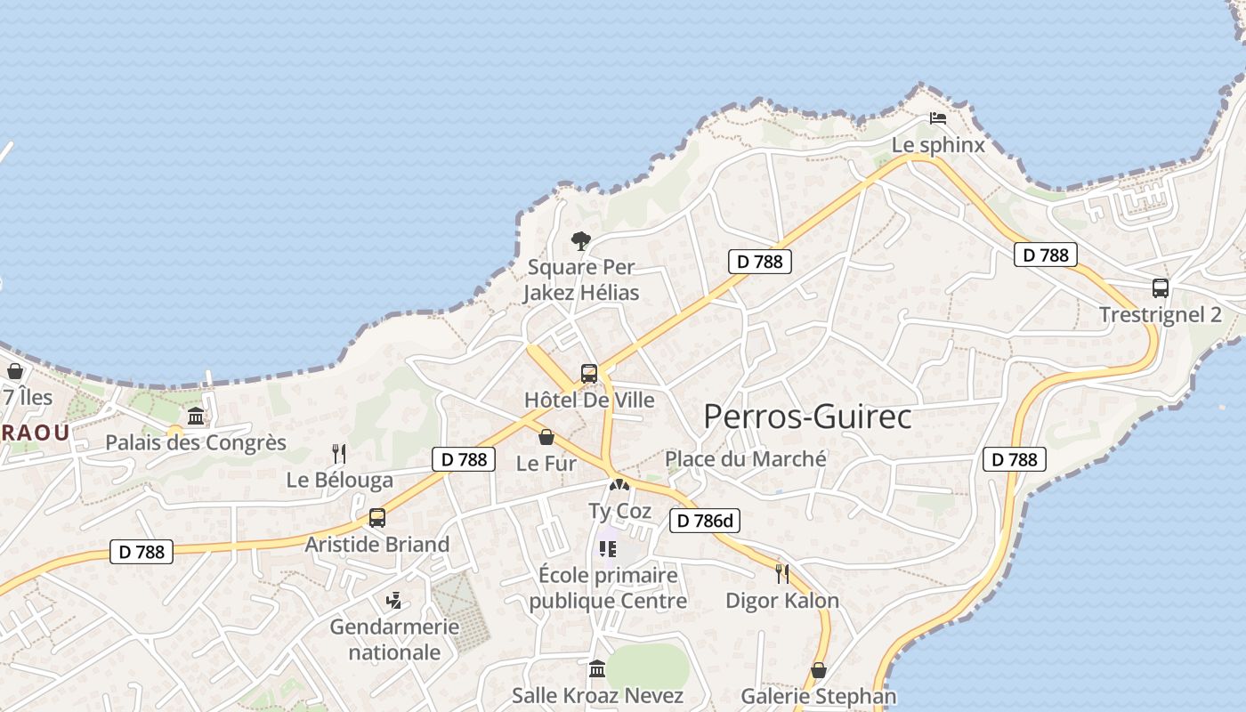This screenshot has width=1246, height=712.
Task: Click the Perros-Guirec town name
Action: pos(807,417)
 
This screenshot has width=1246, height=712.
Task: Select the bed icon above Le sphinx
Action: pos(937,117)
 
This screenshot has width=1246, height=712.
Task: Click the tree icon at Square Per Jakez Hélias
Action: pos(581,240)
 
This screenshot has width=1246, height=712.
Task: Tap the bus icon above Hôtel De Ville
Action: pos(589,374)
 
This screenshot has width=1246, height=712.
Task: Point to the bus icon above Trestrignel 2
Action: pos(1160,288)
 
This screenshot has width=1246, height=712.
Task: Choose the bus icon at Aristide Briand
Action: pos(377,518)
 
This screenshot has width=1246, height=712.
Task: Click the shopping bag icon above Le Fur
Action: pos(546,437)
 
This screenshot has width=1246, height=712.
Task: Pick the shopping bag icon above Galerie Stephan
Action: pos(819,670)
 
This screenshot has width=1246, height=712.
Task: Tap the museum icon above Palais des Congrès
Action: pos(196,416)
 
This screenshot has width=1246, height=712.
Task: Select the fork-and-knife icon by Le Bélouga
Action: pos(339,454)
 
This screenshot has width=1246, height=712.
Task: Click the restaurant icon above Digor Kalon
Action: pos(782,574)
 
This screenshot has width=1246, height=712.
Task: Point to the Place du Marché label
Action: pos(746,459)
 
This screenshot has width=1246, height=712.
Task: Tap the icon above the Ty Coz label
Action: pos(619,486)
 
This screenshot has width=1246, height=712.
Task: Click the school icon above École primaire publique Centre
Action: pos(608,549)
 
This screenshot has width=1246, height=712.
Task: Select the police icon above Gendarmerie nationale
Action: pos(394,601)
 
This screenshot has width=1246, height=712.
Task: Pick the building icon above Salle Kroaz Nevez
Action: pos(597,668)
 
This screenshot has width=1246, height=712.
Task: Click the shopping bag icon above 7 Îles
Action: pos(15,371)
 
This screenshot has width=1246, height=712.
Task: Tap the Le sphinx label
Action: pos(938,145)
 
